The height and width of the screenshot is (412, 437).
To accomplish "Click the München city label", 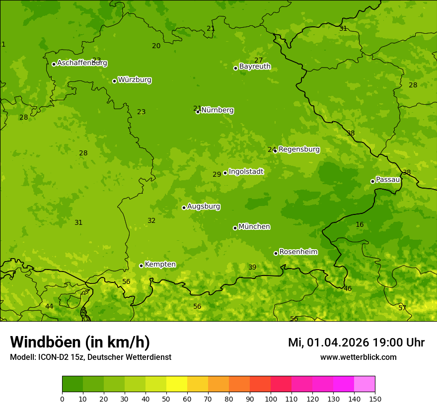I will coord(254,227).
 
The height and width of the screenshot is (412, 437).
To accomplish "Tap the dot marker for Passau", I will coord(372,181).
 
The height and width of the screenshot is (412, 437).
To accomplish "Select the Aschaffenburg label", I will coord(82,63).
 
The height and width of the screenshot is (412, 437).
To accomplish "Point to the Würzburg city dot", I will coord(114,81).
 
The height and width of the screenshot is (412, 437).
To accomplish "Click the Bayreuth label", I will coord(255,67).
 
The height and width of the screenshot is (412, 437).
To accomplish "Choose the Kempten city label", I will coord(160,265).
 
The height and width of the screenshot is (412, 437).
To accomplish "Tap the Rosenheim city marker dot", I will coord(276,253).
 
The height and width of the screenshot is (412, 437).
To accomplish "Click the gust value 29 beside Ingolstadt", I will coord(217,174).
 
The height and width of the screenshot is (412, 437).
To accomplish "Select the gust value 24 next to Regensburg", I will coord(271,149).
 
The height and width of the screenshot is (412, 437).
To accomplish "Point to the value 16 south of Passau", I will coord(360,225).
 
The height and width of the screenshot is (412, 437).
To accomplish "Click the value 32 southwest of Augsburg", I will coord(151,220).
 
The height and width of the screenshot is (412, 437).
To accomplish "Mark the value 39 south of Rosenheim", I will coord(252,267).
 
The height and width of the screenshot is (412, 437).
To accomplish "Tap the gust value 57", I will coord(402,308).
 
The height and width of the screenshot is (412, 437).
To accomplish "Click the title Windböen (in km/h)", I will coord(79,342).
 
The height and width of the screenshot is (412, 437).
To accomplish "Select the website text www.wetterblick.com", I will coord(358,357).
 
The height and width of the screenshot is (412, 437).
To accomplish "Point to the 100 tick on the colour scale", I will coord(271,399).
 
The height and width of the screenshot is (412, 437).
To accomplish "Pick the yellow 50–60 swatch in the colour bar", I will coord(177,384).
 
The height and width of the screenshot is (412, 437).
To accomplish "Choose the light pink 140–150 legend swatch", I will coord(364,384).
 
